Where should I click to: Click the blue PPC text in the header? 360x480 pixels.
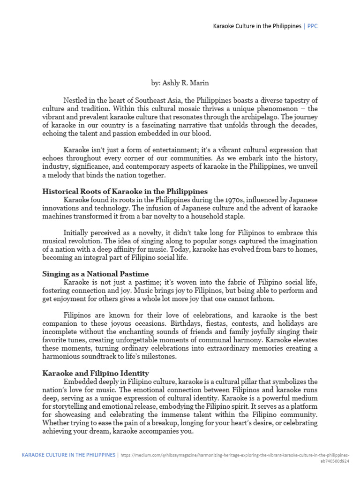pos(312,26)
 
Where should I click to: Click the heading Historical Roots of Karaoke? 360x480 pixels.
pos(125,191)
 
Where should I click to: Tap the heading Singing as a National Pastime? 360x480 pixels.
pos(96,274)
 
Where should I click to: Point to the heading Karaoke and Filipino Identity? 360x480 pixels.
pos(96,373)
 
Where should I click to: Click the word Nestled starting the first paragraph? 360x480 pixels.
pos(76,101)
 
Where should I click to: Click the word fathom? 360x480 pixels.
pos(264,299)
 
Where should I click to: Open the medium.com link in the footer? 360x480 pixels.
pos(234,455)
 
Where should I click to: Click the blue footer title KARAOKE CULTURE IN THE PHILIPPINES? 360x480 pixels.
pos(68,455)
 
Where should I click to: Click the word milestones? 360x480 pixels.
pos(160,357)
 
